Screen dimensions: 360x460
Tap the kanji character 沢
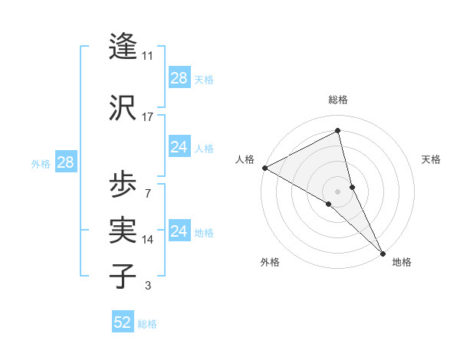123,108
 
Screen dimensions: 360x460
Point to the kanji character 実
123,230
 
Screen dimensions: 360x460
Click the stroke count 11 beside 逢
148,56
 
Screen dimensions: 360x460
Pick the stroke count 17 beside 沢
148,117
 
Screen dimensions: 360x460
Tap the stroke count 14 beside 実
148,240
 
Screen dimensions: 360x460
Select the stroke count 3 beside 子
148,286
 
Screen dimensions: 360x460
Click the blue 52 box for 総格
123,322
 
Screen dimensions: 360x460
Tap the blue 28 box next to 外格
65,162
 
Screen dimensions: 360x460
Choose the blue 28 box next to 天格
179,79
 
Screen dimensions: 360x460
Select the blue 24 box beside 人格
179,147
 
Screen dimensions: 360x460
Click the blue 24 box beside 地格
179,231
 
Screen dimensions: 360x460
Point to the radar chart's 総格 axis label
337,100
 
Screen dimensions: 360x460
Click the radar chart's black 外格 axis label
270,262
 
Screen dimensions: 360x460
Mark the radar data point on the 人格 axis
264,168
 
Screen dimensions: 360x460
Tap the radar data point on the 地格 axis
383,252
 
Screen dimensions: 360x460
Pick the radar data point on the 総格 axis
337,131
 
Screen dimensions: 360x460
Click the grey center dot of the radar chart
337,190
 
